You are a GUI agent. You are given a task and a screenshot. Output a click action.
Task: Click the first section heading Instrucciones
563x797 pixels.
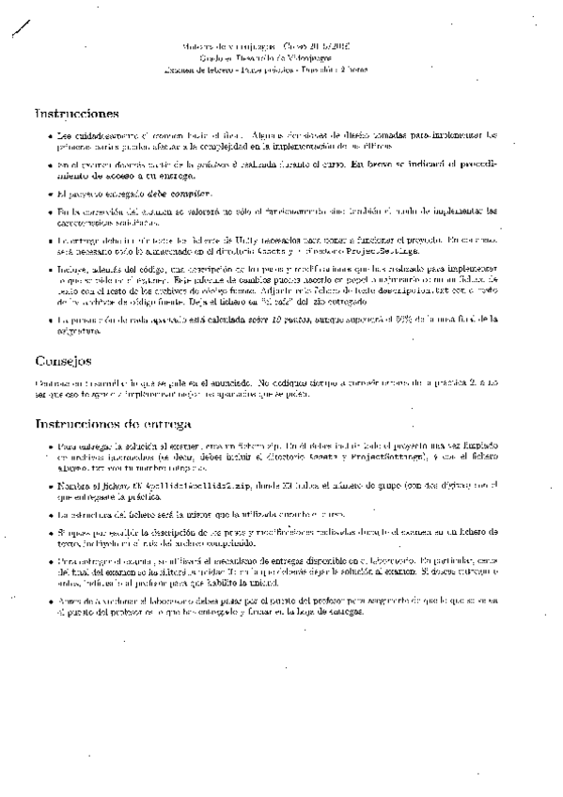point(75,113)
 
